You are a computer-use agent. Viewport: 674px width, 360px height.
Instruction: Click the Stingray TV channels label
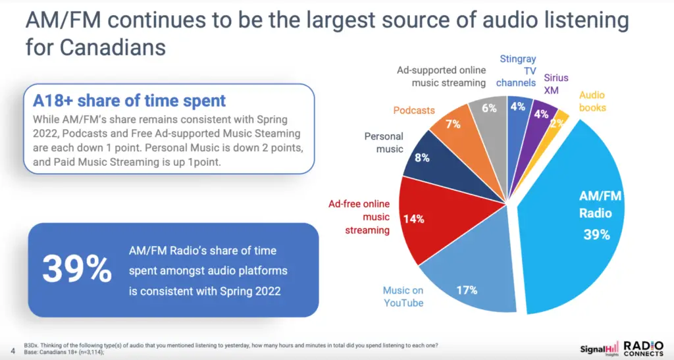point(516,70)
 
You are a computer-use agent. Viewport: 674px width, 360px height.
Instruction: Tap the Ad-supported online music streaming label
point(441,76)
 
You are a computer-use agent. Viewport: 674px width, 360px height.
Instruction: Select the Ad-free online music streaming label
point(359,217)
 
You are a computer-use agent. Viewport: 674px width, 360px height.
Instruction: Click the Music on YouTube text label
point(403,296)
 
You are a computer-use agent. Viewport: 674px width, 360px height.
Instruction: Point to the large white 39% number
point(77,270)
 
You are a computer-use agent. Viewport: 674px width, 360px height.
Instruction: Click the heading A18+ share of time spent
point(129,101)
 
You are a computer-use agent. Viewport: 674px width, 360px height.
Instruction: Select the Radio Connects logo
point(643,348)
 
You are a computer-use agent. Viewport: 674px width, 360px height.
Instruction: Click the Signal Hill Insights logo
point(599,349)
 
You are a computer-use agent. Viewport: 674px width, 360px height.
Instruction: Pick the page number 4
point(13,351)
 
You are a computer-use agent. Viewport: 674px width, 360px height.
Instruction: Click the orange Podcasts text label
point(414,111)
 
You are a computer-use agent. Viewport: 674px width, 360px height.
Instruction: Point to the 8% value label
point(422,158)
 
